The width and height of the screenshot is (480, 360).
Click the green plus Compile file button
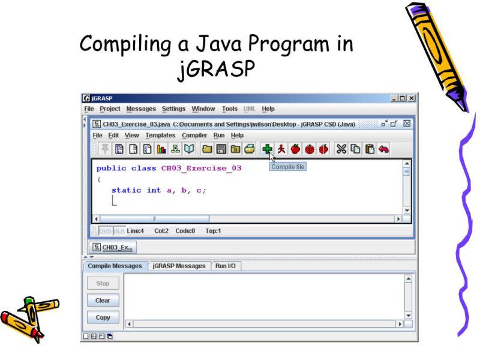tap(267, 149)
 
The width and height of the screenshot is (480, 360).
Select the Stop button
tap(103, 283)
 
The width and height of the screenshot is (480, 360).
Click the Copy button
tap(103, 317)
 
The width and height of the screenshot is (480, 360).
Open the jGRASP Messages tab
tap(179, 266)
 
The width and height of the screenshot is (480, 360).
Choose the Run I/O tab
tap(226, 266)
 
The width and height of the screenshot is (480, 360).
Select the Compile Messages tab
tap(115, 266)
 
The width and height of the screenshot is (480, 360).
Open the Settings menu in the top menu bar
tap(173, 109)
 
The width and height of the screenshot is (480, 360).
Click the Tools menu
tap(229, 109)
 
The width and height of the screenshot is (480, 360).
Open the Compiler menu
tap(194, 136)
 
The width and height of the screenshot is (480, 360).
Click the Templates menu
tap(160, 136)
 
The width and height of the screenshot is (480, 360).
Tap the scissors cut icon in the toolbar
tap(341, 149)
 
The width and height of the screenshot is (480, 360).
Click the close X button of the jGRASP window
tap(412, 98)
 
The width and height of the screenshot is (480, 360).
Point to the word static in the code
tap(127, 190)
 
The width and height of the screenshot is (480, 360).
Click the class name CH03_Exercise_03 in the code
tap(201, 169)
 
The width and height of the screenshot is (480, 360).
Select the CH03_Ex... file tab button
tap(113, 247)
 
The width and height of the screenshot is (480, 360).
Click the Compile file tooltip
tap(287, 167)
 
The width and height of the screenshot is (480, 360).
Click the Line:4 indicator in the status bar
tap(135, 230)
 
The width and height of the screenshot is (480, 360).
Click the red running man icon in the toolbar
tap(281, 149)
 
